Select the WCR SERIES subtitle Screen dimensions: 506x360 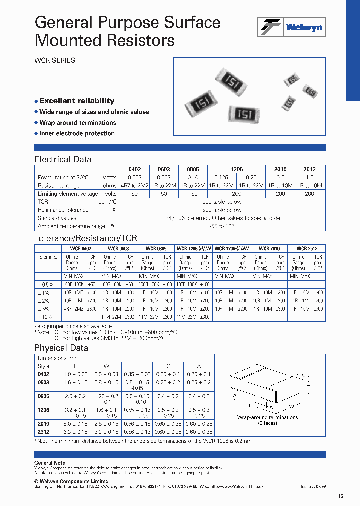coord(54,60)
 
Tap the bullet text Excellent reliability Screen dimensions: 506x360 coord(77,101)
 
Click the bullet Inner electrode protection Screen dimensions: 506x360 coord(77,133)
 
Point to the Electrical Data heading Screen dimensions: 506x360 coord(63,159)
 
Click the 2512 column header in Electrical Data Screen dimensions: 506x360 coord(309,169)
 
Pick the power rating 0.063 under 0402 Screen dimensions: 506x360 coord(134,177)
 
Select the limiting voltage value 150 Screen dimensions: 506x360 coord(193,194)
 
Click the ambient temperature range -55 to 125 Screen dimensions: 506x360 coord(222,226)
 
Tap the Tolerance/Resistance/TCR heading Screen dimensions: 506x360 coord(85,238)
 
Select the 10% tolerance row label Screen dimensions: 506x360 coord(47,316)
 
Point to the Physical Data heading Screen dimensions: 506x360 coord(61,348)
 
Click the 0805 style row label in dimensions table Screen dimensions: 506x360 coord(44,396)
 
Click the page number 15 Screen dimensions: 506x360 coord(340,496)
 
